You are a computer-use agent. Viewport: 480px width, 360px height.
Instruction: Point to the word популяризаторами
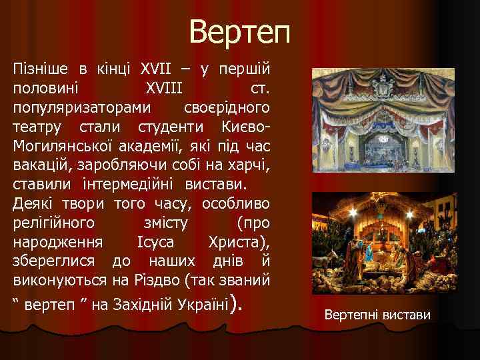pos(81,107)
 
